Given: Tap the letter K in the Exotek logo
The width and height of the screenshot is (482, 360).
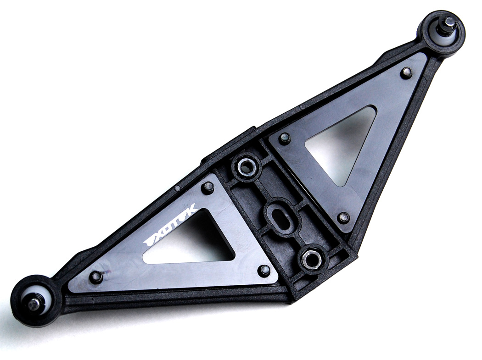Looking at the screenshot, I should (192, 210).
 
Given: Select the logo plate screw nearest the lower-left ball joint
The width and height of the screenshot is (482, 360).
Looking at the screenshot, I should (95, 277).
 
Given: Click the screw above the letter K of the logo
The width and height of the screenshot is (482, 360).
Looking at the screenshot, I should (207, 187).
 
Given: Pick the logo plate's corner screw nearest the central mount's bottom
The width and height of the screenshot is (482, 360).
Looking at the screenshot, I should (264, 270).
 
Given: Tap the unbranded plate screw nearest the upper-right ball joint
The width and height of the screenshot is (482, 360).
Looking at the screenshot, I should (406, 72).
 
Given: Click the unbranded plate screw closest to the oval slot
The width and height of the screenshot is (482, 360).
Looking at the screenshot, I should (285, 138).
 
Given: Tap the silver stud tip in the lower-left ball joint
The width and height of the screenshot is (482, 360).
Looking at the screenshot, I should (34, 303).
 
